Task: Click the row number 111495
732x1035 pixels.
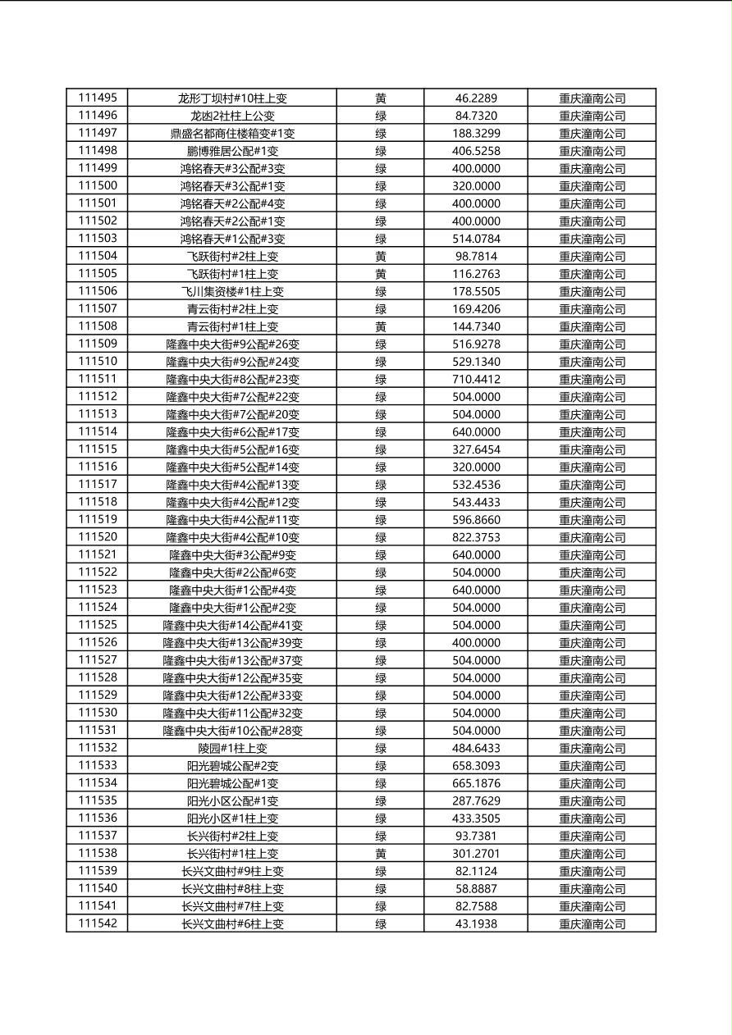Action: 98,98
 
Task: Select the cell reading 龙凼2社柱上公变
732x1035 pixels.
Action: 232,116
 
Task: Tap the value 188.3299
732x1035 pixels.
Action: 476,133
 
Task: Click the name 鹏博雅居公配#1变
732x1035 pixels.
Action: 232,151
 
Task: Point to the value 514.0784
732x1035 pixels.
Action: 476,239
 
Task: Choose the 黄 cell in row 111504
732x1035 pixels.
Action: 381,256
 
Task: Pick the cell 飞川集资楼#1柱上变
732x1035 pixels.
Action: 232,291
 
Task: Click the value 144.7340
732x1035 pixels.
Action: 476,326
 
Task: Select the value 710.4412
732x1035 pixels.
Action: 476,379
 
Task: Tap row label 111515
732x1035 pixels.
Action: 98,449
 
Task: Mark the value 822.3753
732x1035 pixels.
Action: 476,537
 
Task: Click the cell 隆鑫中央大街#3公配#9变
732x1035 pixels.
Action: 232,554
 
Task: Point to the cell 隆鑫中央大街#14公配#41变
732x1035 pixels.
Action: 232,625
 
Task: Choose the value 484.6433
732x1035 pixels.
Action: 476,748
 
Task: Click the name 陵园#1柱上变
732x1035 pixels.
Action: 232,748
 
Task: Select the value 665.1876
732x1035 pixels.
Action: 476,783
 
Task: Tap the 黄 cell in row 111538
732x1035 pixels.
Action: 381,853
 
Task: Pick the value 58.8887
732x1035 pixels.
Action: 476,888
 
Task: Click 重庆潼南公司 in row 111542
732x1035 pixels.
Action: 592,923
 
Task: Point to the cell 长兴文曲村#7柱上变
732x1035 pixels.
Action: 232,906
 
